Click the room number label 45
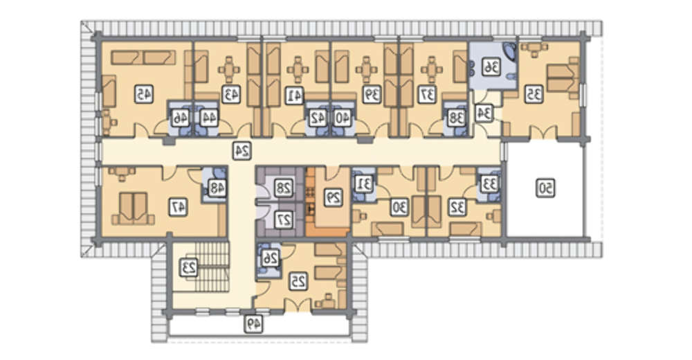pyautogui.click(x=143, y=94)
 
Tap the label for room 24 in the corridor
pyautogui.click(x=242, y=151)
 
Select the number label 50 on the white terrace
pyautogui.click(x=545, y=188)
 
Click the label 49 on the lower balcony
pyautogui.click(x=253, y=325)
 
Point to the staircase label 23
pyautogui.click(x=188, y=268)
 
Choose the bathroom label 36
pyautogui.click(x=491, y=67)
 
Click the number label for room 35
pyautogui.click(x=534, y=94)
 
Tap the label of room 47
pyautogui.click(x=179, y=207)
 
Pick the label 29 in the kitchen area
pyautogui.click(x=334, y=198)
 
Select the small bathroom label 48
pyautogui.click(x=216, y=188)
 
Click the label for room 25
pyautogui.click(x=298, y=281)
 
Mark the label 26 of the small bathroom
pyautogui.click(x=269, y=259)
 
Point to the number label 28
pyautogui.click(x=283, y=188)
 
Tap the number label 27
pyautogui.click(x=283, y=219)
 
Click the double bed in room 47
pyautogui.click(x=134, y=208)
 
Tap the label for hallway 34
pyautogui.click(x=484, y=113)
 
